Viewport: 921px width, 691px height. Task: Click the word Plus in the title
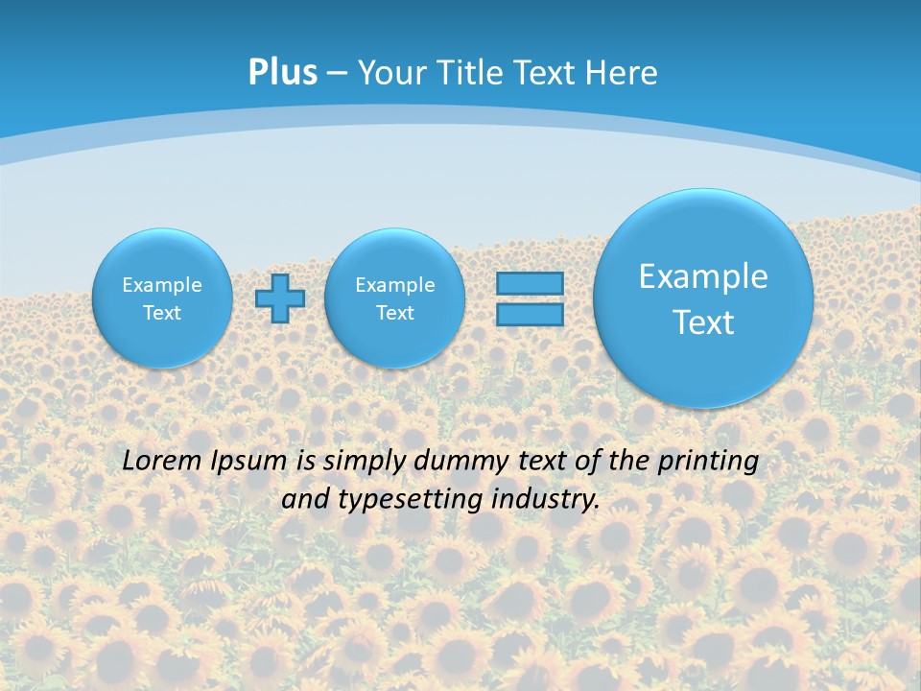click(283, 73)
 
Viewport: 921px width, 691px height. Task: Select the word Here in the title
click(622, 73)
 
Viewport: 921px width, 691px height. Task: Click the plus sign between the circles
click(280, 298)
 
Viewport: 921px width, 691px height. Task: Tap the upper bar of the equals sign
click(530, 284)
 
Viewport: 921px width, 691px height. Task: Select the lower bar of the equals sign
click(530, 314)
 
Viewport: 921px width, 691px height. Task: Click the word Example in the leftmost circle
click(162, 285)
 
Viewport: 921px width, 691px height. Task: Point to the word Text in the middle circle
click(394, 313)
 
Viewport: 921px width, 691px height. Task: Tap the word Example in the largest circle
click(703, 276)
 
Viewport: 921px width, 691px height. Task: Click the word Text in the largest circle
click(703, 322)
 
